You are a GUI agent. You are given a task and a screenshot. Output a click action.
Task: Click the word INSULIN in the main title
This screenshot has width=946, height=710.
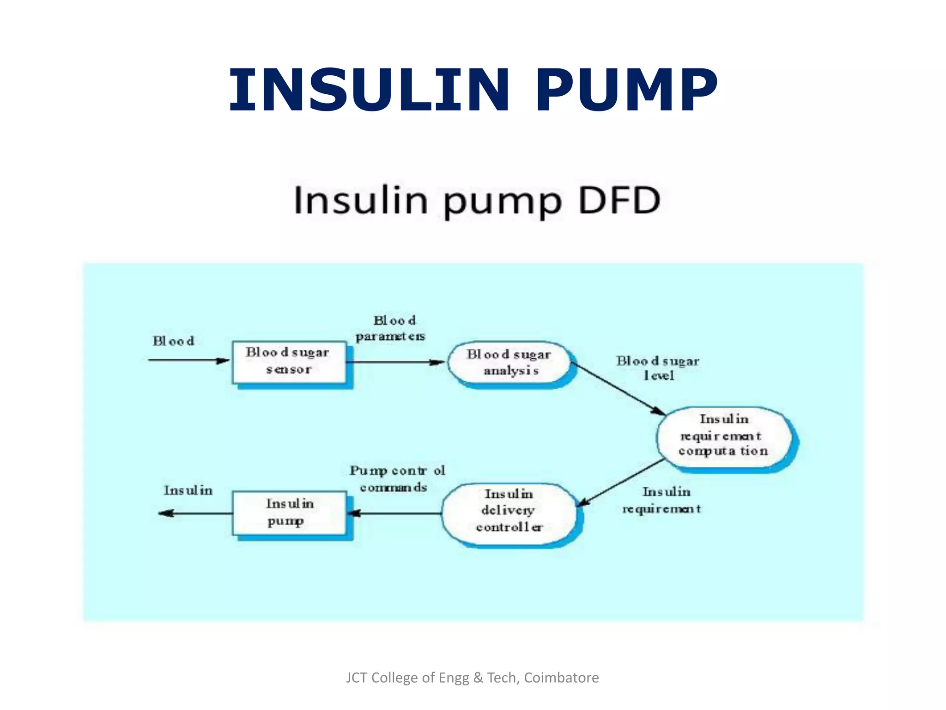click(369, 90)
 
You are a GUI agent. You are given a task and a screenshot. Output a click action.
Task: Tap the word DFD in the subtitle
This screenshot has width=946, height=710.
click(619, 201)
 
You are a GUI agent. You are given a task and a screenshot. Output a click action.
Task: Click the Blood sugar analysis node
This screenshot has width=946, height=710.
click(509, 362)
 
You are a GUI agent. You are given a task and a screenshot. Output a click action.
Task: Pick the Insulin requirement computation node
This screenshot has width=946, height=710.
click(723, 435)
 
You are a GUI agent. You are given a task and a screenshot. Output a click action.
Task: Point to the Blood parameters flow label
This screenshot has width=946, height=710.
click(391, 328)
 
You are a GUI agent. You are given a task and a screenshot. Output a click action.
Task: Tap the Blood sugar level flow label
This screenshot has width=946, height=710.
click(658, 368)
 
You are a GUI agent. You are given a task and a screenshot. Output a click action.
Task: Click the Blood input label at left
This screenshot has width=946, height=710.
click(174, 341)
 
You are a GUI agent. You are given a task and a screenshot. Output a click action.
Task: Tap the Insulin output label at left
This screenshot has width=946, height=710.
click(188, 490)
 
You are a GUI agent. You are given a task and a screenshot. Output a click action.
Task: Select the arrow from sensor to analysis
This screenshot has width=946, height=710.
click(395, 362)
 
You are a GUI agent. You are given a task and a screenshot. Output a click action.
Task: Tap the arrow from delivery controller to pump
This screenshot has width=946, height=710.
click(395, 513)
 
